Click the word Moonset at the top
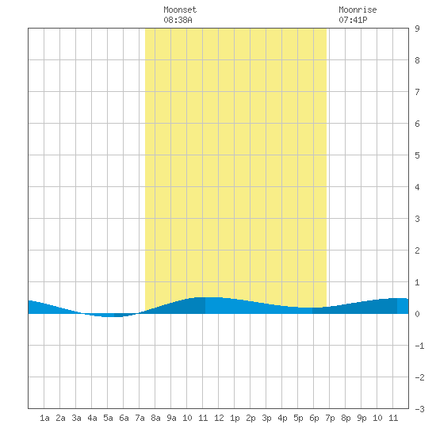click(180, 10)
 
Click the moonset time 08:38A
click(178, 20)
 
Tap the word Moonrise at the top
click(358, 10)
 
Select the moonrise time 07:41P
click(353, 20)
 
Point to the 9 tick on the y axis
click(417, 29)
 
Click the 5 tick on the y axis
click(417, 155)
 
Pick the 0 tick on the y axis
click(417, 314)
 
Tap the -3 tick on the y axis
click(419, 409)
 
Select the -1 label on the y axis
click(419, 346)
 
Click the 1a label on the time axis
click(44, 418)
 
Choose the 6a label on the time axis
click(124, 418)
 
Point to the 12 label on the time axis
click(219, 418)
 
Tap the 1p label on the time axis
click(235, 418)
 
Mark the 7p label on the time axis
click(330, 418)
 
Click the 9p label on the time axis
click(361, 418)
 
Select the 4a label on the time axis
click(92, 418)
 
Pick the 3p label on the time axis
click(266, 418)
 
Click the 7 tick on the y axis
click(417, 92)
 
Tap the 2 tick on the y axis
click(417, 251)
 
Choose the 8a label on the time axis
click(155, 418)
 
